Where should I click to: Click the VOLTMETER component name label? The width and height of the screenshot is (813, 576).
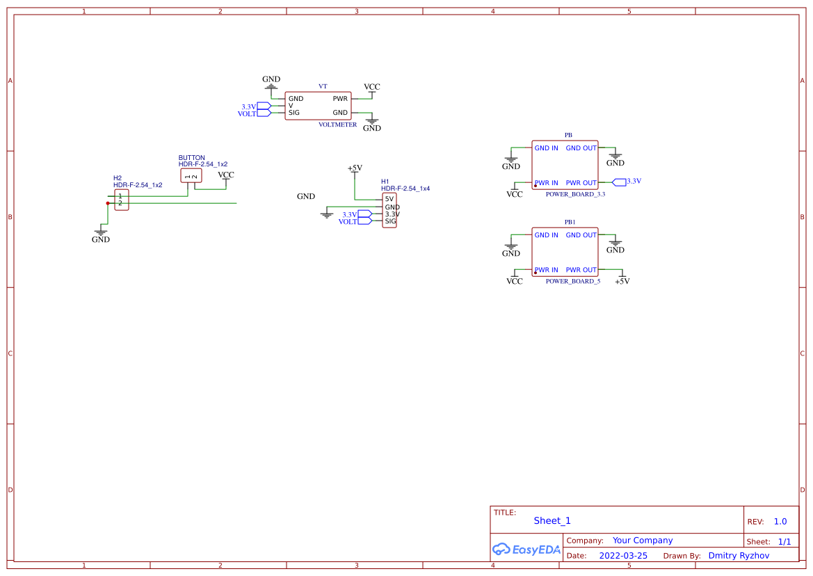337,125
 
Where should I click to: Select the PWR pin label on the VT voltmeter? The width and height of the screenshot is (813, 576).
340,99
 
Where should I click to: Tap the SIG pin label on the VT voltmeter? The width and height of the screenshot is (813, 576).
294,113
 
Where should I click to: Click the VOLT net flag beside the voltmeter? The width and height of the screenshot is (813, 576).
264,113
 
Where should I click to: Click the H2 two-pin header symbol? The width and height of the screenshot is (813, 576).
121,200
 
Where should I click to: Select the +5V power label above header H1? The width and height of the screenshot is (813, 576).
355,168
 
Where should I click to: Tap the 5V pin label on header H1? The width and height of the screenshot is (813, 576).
389,199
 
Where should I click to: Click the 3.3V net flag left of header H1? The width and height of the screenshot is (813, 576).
365,214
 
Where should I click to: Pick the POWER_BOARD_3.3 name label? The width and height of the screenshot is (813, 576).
575,194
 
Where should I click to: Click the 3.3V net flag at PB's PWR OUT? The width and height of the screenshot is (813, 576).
619,182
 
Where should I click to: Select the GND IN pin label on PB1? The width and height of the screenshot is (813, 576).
546,235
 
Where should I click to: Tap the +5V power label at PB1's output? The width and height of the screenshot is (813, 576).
622,281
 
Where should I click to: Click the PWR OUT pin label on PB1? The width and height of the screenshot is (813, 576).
581,270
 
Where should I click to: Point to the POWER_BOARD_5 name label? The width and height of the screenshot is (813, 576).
572,281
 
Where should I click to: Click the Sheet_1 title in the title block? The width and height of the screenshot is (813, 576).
552,521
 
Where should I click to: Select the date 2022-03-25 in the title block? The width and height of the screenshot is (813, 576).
623,556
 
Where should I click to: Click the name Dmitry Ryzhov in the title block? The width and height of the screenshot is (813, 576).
739,556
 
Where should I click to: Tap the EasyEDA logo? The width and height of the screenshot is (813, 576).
526,549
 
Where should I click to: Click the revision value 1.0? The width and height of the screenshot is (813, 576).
780,522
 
